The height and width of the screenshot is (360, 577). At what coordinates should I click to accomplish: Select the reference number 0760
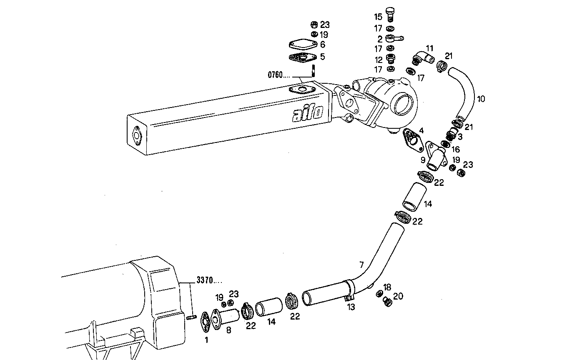[275, 75]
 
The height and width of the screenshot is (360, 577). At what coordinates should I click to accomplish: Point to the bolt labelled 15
[390, 15]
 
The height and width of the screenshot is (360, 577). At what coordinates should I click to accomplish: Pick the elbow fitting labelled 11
[422, 58]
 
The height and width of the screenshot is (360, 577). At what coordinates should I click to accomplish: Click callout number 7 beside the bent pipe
[361, 264]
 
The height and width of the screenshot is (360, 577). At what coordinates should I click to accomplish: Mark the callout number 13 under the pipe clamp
[351, 307]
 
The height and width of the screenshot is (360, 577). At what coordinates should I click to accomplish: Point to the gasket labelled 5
[302, 57]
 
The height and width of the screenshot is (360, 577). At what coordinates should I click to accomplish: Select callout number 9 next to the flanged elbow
[423, 160]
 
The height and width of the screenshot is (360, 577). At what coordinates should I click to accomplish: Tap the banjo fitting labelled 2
[393, 39]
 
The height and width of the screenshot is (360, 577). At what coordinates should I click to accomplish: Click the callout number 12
[378, 60]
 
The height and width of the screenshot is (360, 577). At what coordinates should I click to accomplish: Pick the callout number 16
[455, 149]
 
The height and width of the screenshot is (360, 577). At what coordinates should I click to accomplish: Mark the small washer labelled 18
[380, 293]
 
